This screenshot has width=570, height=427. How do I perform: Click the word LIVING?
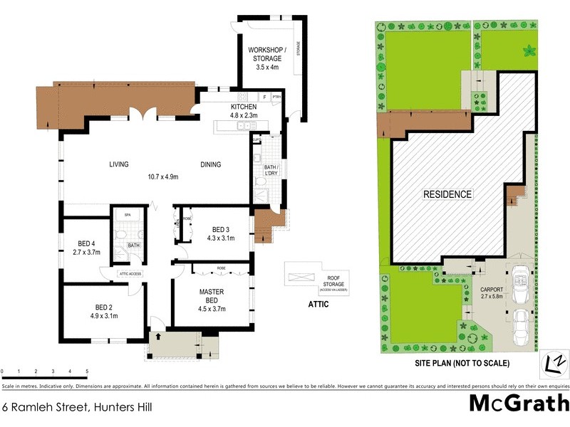coord(119,164)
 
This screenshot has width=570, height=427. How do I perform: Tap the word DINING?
coord(210,164)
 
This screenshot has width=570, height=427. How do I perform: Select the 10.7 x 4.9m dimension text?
coord(162,176)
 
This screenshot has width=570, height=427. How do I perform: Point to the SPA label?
coord(127,214)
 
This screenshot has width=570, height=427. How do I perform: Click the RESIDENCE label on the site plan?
coord(447,194)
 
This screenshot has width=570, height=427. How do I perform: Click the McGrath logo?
coord(517,404)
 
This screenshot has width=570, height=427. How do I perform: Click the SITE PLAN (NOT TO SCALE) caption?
coord(462,363)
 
